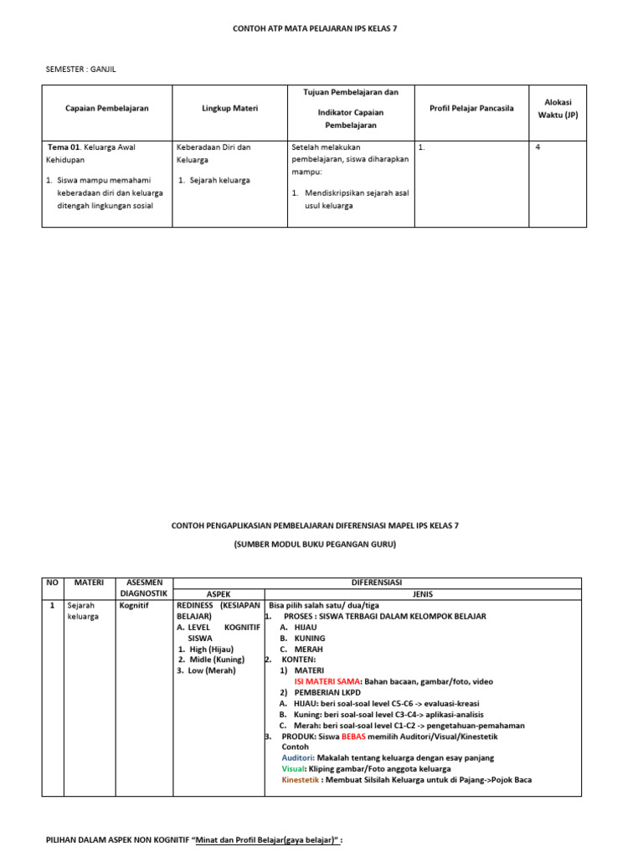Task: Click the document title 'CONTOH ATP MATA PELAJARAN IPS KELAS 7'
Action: coord(315,28)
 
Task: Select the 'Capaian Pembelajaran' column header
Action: coord(107,109)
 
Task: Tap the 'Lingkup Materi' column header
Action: coord(229,109)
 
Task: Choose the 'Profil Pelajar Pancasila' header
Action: coord(471,109)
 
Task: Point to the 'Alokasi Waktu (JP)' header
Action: coord(558,108)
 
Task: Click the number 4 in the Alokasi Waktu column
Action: coord(538,147)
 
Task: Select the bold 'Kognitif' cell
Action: coord(135,605)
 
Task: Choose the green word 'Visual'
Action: coord(294,769)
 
